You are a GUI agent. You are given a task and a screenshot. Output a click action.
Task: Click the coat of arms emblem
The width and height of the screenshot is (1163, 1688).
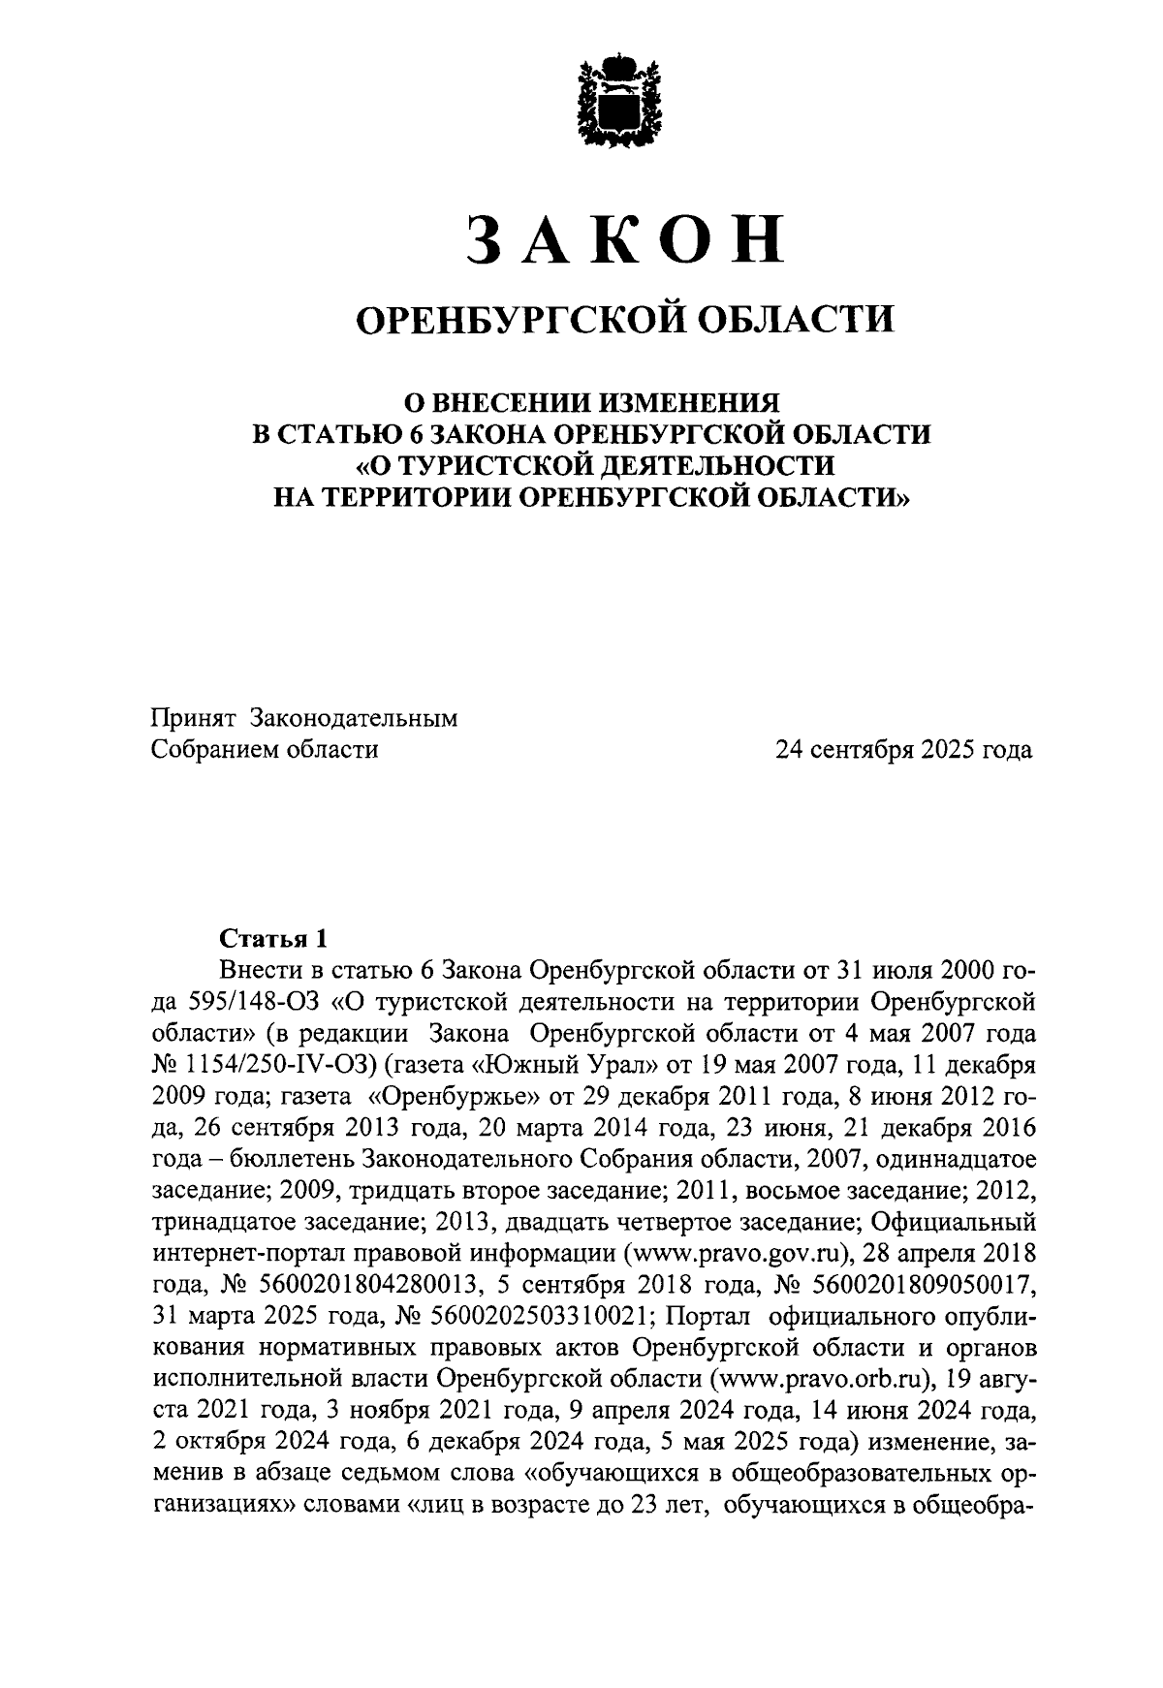coord(621,102)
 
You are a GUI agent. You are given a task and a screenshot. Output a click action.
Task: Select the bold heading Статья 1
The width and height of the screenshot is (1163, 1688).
coord(274,938)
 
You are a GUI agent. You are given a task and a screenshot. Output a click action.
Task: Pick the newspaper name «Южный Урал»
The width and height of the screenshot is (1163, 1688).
coord(553,1065)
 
